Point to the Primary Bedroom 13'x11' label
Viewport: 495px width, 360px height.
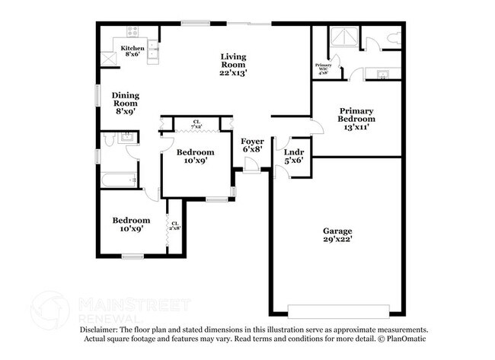coord(356,119)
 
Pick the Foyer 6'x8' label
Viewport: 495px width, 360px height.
coord(252,145)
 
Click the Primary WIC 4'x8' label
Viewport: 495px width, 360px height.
coord(323,69)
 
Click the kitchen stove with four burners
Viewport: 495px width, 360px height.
coord(131,33)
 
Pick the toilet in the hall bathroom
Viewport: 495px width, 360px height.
coord(109,139)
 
